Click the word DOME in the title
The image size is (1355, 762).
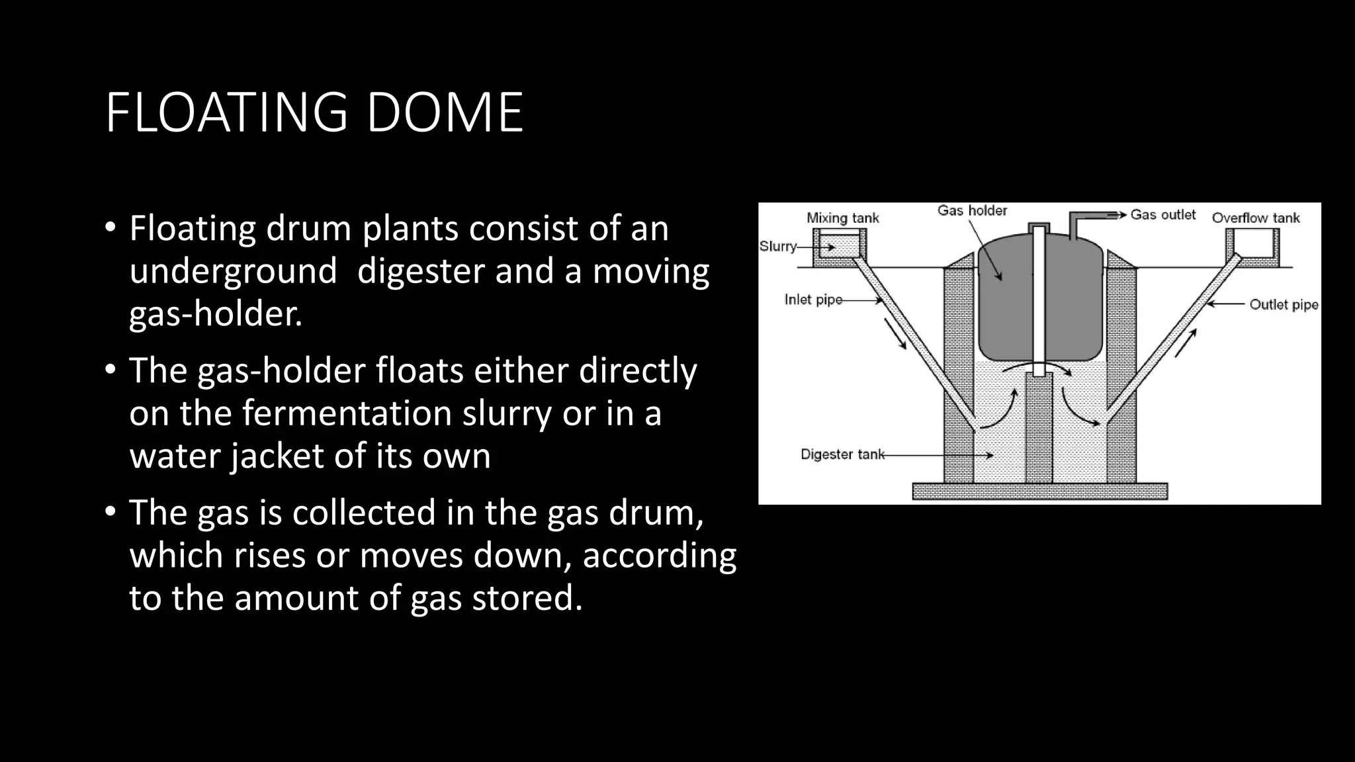(x=445, y=113)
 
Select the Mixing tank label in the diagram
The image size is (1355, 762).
(x=842, y=218)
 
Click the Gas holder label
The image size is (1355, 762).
(x=972, y=210)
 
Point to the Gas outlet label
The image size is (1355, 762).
(x=1162, y=214)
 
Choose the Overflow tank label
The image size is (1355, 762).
(x=1255, y=218)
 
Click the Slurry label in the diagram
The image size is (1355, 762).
(x=777, y=246)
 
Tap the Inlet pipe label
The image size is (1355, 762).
(x=813, y=300)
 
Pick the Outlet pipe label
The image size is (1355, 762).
(x=1284, y=304)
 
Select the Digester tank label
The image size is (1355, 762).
(x=842, y=454)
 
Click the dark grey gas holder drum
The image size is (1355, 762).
(x=1006, y=304)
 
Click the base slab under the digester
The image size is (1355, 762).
(x=1039, y=491)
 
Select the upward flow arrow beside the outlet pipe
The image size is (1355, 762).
(x=1186, y=343)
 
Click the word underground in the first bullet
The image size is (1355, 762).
(x=233, y=271)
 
